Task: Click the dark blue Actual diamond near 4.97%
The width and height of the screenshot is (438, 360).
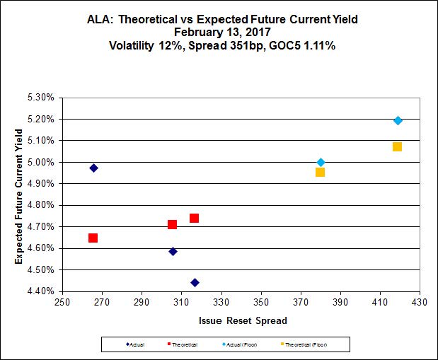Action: coord(93,168)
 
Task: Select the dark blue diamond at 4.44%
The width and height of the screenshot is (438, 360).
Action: coord(195,283)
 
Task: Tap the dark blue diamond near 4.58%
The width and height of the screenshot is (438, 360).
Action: coord(173,251)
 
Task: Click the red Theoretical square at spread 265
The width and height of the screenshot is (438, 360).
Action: coord(93,238)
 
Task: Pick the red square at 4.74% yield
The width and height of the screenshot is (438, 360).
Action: coord(194,218)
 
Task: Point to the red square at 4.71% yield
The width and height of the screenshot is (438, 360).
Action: coord(172,224)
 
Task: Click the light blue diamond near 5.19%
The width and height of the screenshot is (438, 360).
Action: coord(398,120)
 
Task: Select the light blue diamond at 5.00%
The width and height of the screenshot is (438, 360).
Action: coord(321,162)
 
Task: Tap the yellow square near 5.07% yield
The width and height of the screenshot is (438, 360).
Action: coord(397,146)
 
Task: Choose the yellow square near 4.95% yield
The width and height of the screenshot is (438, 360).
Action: coord(320,172)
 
